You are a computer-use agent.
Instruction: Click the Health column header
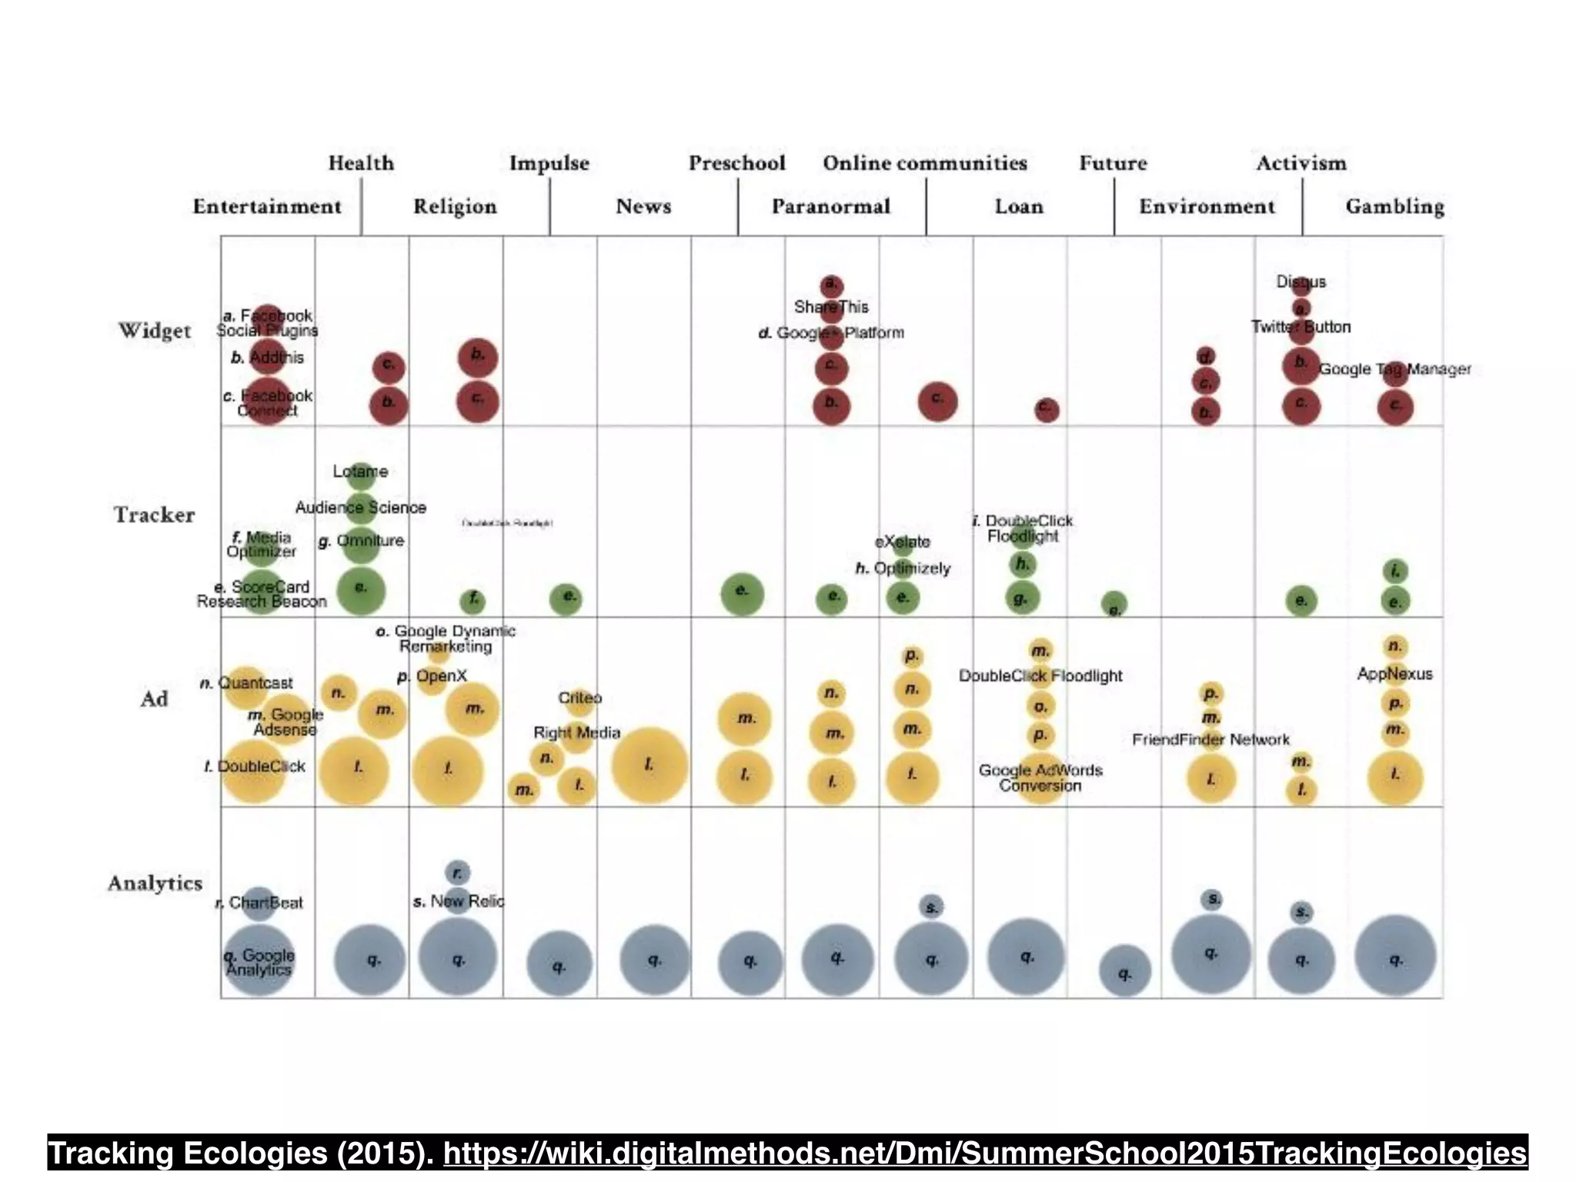click(x=361, y=163)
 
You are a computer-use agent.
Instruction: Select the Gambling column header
click(x=1394, y=206)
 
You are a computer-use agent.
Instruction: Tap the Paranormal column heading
click(x=830, y=206)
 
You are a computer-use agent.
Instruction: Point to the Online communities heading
click(x=925, y=163)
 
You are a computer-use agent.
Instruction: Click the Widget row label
click(x=155, y=331)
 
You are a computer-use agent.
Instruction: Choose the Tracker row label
click(x=155, y=515)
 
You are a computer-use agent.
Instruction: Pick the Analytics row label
click(x=155, y=883)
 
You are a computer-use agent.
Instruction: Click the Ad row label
click(x=154, y=699)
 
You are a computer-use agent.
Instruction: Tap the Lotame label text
click(x=360, y=471)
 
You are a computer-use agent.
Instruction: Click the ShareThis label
click(x=831, y=307)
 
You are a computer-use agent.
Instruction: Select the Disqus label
click(x=1301, y=282)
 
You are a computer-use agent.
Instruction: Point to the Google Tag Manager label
click(x=1394, y=369)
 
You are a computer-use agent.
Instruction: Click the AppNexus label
click(x=1394, y=674)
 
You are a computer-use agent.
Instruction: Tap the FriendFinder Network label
click(x=1210, y=740)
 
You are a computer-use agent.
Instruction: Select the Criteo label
click(x=579, y=698)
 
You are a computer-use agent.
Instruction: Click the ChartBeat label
click(x=265, y=903)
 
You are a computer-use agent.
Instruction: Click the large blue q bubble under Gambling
click(x=1395, y=956)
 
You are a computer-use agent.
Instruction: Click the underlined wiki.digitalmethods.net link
click(x=985, y=1154)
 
